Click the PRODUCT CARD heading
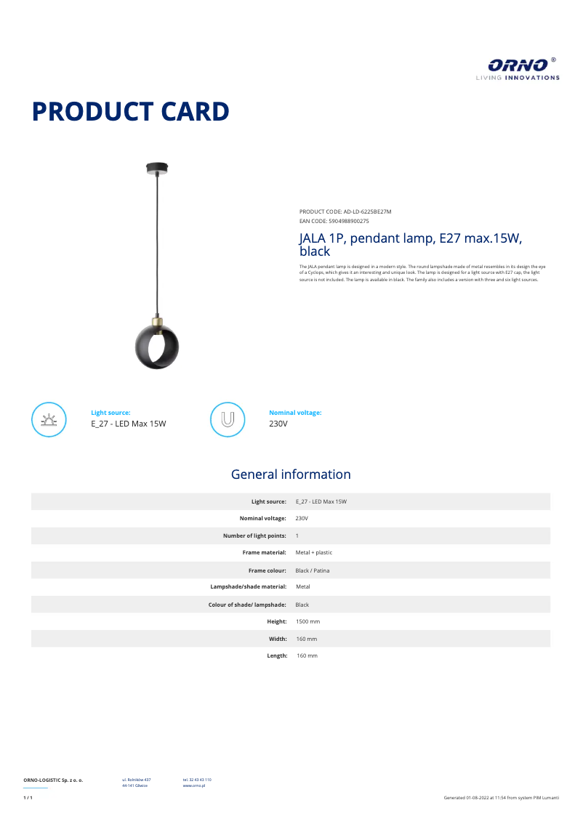click(131, 112)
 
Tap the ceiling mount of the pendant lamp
click(156, 169)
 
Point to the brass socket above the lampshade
click(157, 321)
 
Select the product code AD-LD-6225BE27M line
click(345, 211)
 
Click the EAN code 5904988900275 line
click(334, 220)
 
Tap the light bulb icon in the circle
click(49, 419)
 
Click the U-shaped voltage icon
click(228, 419)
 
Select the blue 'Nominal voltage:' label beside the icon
click(295, 413)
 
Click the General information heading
click(291, 474)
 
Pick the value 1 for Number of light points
click(297, 536)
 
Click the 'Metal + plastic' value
click(314, 553)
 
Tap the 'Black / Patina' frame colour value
click(313, 570)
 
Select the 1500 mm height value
click(308, 622)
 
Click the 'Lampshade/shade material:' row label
click(249, 587)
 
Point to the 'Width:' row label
click(277, 639)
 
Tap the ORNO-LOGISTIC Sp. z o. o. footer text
click(53, 780)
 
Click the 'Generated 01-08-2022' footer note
click(502, 798)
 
